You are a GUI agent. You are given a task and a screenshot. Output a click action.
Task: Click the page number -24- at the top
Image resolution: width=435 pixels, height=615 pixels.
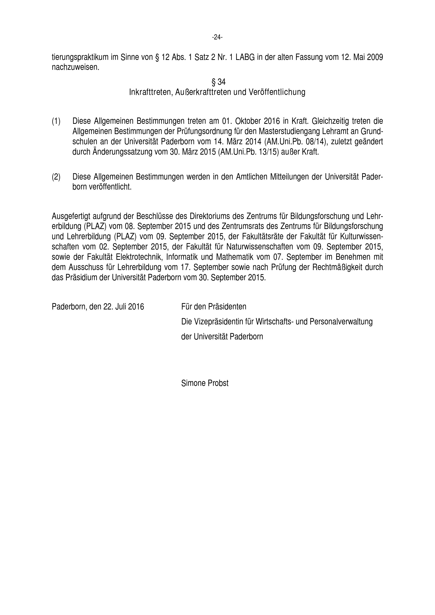(x=217, y=38)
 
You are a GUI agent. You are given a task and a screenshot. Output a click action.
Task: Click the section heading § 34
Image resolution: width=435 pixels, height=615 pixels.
(x=218, y=82)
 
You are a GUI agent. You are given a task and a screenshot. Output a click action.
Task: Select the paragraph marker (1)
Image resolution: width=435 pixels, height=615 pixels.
(x=56, y=121)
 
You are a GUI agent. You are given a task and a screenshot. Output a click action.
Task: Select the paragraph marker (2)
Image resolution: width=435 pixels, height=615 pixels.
(x=56, y=177)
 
